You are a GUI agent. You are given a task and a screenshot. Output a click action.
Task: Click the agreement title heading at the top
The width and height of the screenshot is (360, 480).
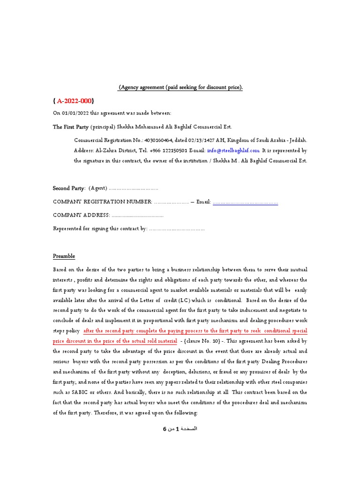180,88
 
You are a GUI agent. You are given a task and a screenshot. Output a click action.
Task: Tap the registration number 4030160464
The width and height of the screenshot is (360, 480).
159,140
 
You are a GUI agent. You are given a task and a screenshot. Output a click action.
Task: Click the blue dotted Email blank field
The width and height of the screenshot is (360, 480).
245,202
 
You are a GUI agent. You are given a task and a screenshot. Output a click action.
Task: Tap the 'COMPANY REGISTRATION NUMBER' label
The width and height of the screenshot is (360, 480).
102,202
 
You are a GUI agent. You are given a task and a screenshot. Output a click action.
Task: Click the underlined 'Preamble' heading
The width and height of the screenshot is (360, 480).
64,256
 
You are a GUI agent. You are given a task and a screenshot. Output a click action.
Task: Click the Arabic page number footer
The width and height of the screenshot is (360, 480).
180,429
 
